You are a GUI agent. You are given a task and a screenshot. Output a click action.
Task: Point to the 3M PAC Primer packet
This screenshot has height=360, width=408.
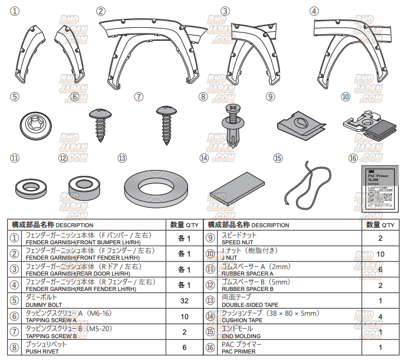tap(378, 188)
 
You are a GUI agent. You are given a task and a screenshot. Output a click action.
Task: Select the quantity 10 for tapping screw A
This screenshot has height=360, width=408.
tap(185, 316)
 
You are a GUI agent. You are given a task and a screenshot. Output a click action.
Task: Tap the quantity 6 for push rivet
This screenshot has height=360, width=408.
tap(185, 348)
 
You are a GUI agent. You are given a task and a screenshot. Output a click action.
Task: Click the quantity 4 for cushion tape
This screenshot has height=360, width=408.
tap(380, 316)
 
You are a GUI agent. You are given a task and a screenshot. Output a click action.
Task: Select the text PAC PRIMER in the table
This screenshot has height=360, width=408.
tap(239, 351)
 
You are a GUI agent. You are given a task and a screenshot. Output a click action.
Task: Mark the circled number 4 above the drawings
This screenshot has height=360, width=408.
tap(314, 11)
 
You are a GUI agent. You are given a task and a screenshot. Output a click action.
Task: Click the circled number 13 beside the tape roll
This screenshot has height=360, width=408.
tap(122, 158)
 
